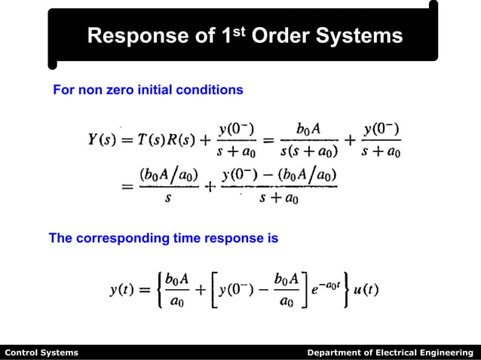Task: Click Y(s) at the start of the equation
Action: [x=103, y=141]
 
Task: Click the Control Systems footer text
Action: [x=41, y=352]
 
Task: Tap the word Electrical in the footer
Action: [x=392, y=352]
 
